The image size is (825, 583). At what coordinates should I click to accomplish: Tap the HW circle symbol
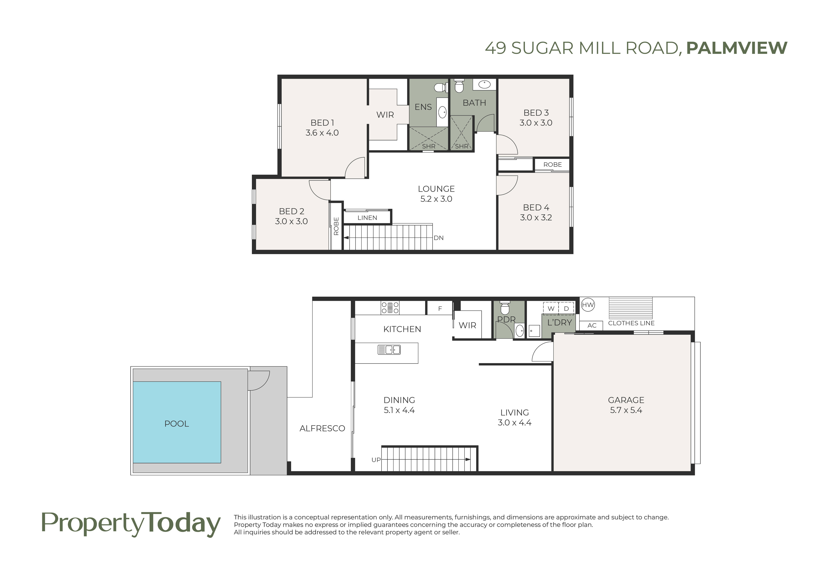(588, 305)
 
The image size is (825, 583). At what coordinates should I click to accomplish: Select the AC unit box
(591, 325)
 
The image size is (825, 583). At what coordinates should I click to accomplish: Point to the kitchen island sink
(389, 350)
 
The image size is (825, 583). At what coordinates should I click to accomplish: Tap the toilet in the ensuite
(440, 87)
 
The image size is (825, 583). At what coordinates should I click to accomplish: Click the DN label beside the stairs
(438, 238)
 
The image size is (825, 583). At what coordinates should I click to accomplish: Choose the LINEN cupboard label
(367, 218)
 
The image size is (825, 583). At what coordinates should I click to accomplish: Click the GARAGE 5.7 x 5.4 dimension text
(626, 410)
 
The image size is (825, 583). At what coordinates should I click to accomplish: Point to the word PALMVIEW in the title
(737, 48)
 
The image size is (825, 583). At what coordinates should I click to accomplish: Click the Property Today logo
(131, 525)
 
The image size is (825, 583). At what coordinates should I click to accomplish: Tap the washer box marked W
(551, 308)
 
